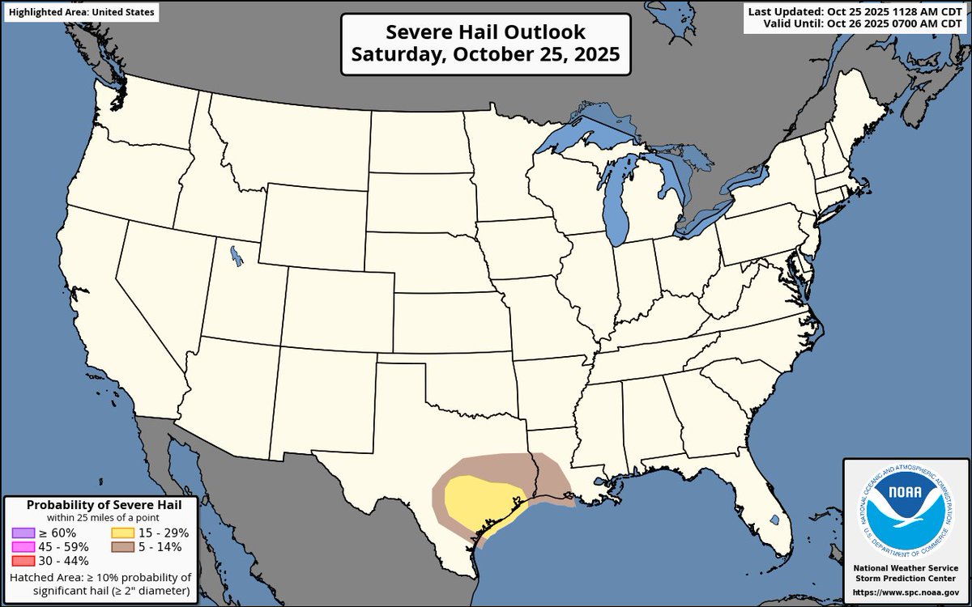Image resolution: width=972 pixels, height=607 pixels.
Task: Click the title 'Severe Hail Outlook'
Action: click(x=484, y=32)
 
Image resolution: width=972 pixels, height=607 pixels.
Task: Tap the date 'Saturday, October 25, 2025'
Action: click(x=484, y=56)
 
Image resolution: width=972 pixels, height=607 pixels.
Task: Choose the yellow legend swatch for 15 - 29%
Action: click(x=122, y=533)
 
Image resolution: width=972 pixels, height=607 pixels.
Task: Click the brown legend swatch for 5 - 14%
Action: click(x=122, y=546)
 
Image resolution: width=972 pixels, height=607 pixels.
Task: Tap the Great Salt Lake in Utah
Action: click(x=235, y=257)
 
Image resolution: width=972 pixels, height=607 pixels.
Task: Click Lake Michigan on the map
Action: click(x=617, y=210)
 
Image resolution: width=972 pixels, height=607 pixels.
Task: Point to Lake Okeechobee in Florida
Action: click(x=774, y=519)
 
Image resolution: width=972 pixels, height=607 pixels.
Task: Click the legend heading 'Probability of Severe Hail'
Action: click(x=104, y=505)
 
